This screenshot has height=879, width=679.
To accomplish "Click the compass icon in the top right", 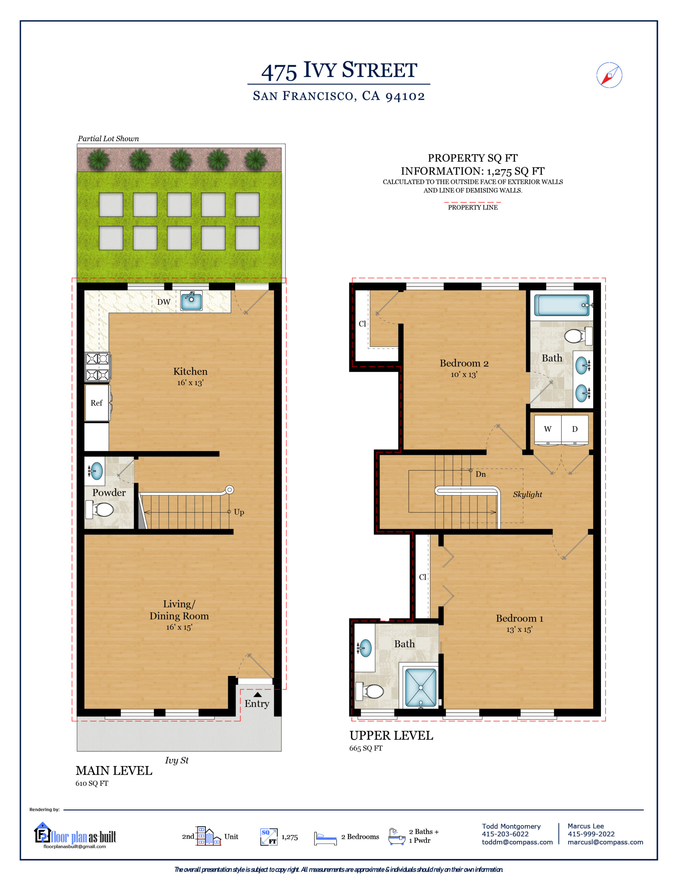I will click(609, 75).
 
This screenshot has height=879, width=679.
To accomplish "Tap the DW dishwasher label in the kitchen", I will click(163, 302).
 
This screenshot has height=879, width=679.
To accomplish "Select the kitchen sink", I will click(191, 301).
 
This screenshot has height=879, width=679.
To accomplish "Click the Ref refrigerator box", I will click(96, 403).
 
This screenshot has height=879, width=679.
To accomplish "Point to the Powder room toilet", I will click(100, 510).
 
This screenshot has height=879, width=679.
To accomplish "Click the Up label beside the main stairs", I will click(239, 512).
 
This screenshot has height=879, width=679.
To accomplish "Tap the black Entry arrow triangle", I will click(257, 694).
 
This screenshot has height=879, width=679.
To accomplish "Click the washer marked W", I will click(548, 429).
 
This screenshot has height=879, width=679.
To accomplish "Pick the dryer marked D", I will click(575, 429).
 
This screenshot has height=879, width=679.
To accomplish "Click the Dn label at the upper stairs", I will click(481, 474).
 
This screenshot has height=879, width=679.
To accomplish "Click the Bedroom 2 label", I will click(464, 363).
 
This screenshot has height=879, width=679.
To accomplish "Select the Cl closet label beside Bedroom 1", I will click(422, 577).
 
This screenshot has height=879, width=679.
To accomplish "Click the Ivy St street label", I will click(176, 760).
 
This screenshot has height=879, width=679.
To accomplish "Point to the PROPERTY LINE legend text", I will click(473, 207).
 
